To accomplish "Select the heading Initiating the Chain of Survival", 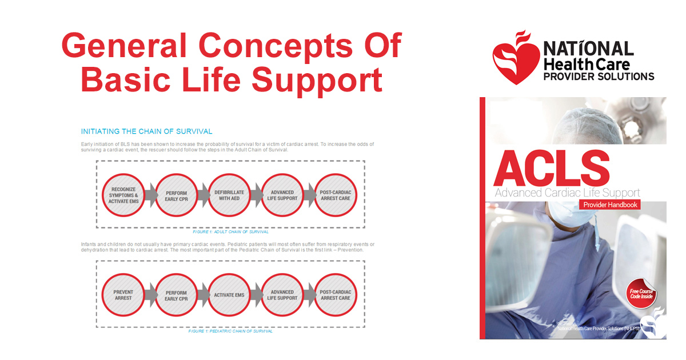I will [x=146, y=131].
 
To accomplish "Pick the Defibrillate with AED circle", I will [x=229, y=195].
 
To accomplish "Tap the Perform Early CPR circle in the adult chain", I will [x=176, y=195].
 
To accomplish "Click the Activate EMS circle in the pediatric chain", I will [x=229, y=295].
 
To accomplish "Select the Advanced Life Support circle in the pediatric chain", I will [x=282, y=295].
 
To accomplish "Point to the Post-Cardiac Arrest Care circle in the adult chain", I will [x=335, y=195].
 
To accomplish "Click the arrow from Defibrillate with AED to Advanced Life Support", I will [x=256, y=195].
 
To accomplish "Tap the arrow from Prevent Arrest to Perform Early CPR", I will [x=150, y=295].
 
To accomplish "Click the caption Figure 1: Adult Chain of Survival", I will [x=230, y=232].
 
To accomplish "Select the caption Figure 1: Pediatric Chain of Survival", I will [x=230, y=331].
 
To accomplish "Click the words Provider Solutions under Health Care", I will [x=599, y=76].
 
